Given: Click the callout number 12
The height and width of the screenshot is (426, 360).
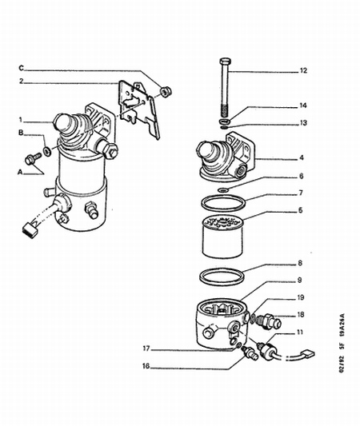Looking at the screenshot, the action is (303, 70).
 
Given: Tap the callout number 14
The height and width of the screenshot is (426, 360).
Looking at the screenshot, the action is (303, 106).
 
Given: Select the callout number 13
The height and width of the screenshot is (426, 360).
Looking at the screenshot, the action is (303, 123).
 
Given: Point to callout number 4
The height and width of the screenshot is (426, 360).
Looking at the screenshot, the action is (302, 157).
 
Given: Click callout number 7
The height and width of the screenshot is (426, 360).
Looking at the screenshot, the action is (301, 193).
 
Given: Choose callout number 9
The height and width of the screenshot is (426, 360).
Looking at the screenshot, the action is (299, 280).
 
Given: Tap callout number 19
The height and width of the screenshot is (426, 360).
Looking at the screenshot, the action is (300, 297).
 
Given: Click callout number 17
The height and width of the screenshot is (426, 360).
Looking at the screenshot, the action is (146, 348).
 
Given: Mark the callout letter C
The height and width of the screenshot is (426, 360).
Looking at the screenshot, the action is (22, 68).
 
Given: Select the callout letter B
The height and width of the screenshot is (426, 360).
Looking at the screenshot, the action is (21, 133).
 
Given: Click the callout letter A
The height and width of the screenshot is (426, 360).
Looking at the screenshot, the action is (20, 172).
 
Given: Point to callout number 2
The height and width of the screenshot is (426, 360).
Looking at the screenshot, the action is (22, 81).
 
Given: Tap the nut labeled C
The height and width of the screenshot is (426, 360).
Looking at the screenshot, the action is (166, 91).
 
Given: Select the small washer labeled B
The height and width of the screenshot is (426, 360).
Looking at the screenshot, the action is (46, 150).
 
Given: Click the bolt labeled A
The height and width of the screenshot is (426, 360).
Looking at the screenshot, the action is (32, 159).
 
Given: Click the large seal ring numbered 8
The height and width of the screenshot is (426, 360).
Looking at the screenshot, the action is (221, 277).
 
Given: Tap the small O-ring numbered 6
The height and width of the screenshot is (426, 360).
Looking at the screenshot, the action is (223, 189).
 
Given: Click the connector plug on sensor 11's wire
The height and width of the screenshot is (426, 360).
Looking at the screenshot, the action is (308, 354).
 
